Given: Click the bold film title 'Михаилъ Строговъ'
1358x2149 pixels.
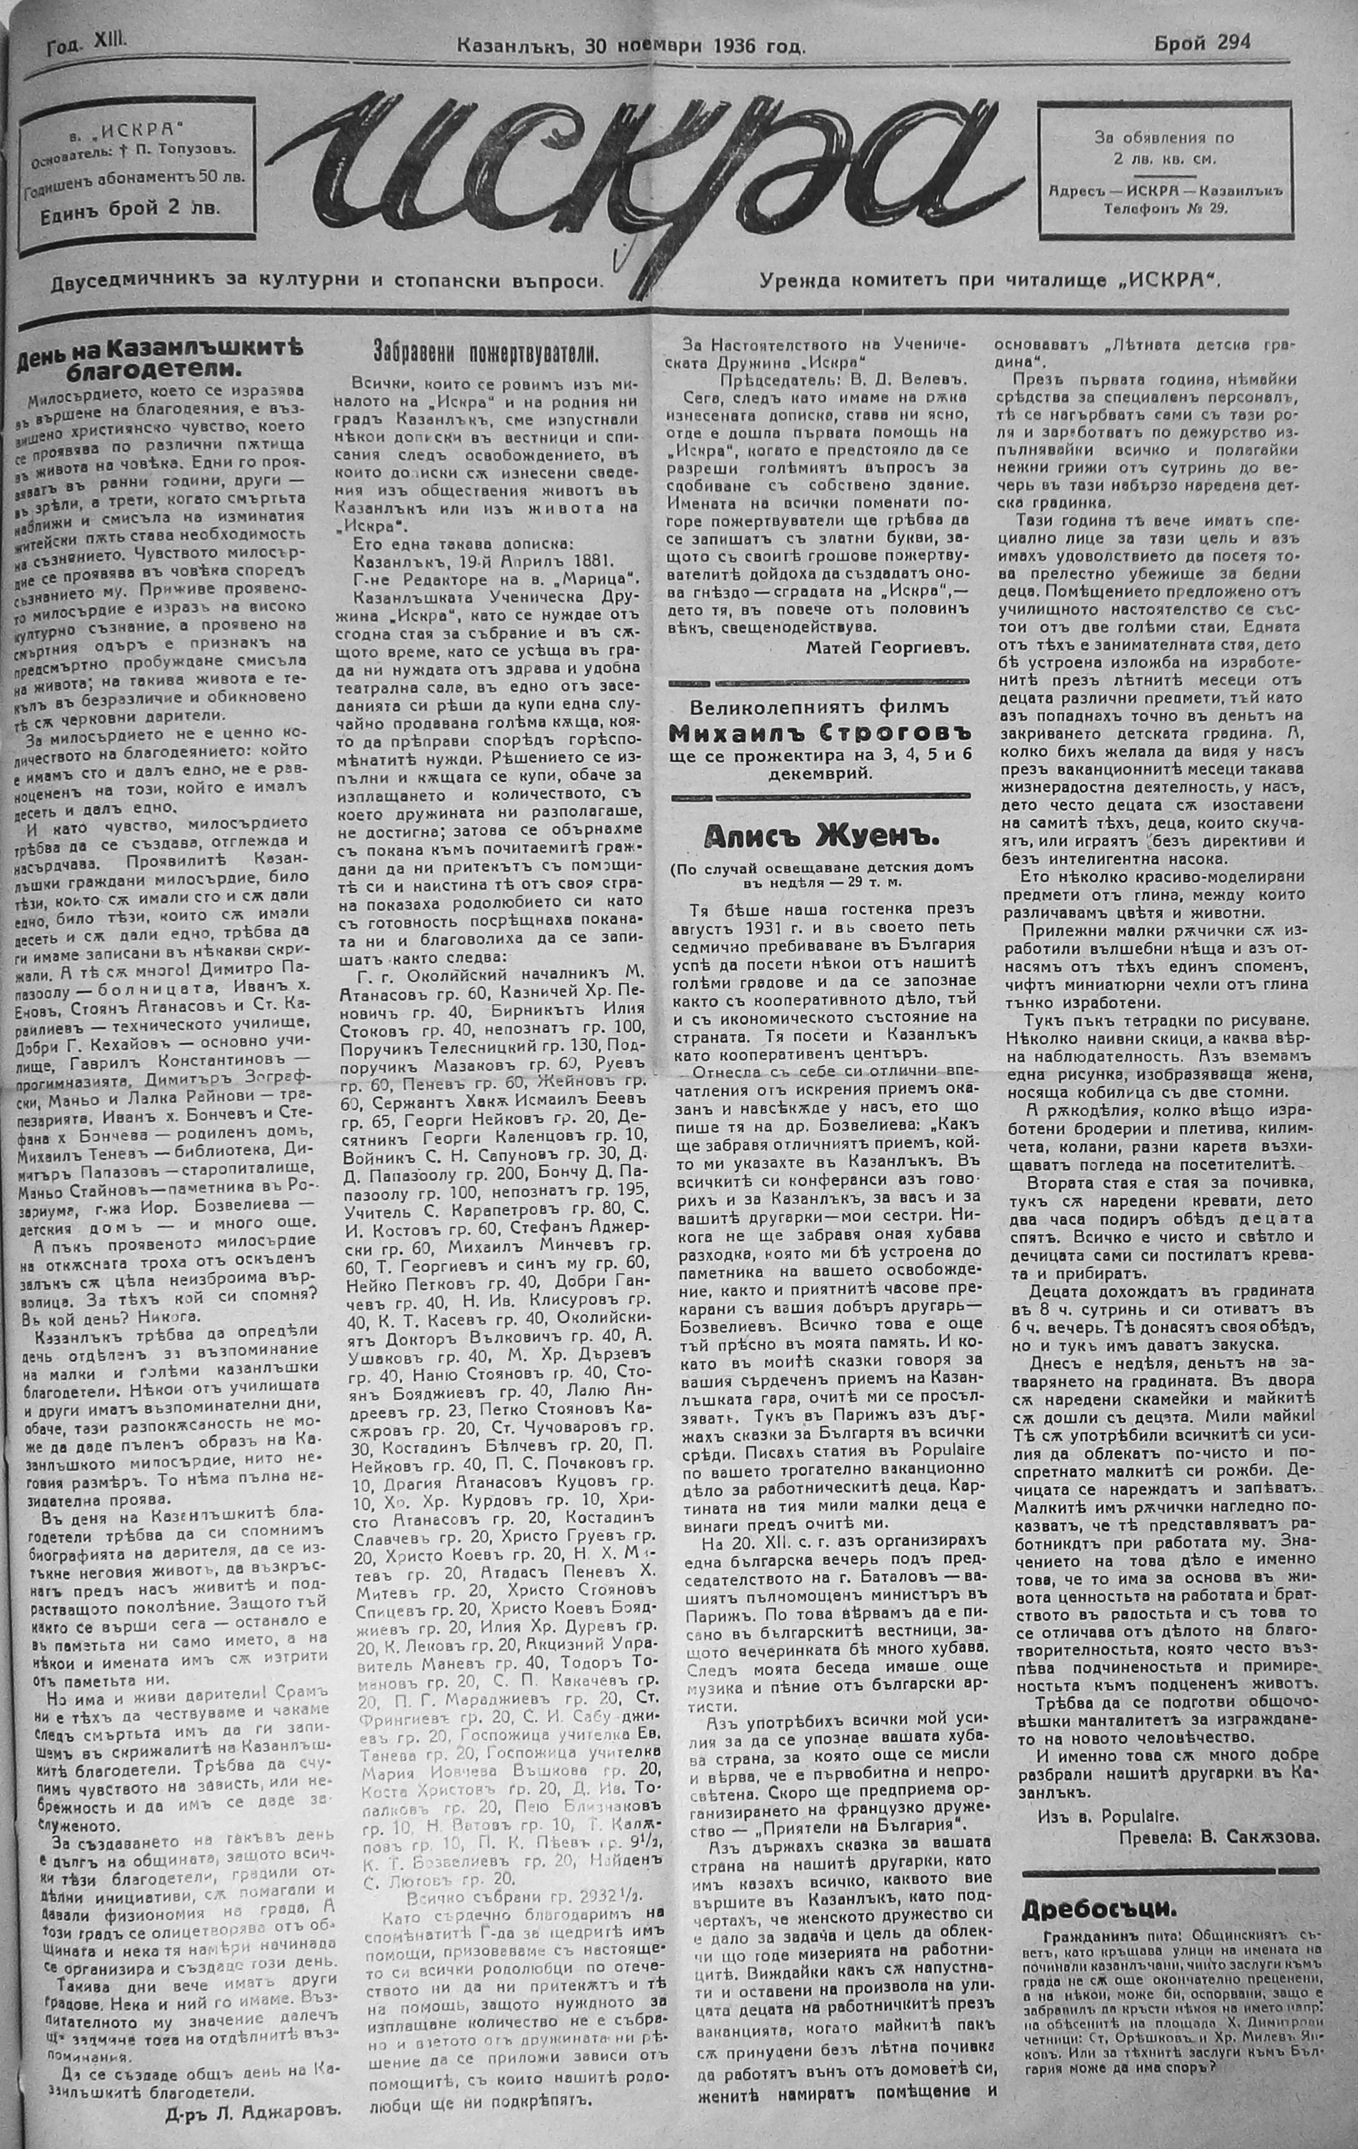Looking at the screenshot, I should [x=822, y=733].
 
